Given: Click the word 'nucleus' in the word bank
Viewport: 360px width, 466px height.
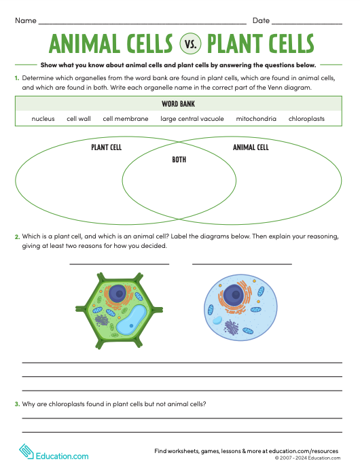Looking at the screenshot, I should point(43,119).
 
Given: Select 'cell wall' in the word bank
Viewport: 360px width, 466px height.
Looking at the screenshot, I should point(79,119).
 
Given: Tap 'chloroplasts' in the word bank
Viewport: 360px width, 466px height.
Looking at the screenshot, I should point(306,119).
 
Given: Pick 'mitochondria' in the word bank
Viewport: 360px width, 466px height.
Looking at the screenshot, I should point(256,119).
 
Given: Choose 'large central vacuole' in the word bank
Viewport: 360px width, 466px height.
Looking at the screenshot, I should point(192,119).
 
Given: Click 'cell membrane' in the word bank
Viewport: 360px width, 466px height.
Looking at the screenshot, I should point(126,119).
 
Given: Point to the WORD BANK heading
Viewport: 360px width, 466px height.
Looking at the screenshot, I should point(179,104).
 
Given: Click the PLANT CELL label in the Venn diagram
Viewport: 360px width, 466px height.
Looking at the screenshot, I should point(106,147).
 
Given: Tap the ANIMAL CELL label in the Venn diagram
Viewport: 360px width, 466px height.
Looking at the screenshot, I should point(251,147).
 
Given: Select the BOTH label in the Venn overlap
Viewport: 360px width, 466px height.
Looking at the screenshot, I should point(179,160).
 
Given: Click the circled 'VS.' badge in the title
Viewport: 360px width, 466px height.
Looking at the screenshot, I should point(190,45).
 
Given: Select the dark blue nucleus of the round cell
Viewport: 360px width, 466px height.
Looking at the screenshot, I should point(235,295).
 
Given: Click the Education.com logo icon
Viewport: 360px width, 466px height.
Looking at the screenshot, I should point(25,452).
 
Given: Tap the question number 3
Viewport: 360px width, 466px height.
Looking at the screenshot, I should point(17,404).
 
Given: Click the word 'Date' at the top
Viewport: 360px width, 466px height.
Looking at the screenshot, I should point(261,21).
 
